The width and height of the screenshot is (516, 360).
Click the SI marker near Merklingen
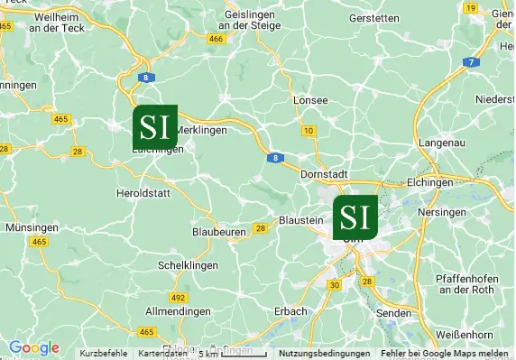(x=155, y=126)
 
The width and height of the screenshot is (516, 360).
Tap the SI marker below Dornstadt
(x=355, y=217)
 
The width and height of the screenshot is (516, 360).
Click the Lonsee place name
(x=310, y=100)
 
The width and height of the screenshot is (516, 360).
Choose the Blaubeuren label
(x=219, y=232)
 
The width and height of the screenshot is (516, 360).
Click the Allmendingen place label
(x=178, y=310)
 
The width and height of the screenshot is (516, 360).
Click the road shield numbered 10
(x=309, y=132)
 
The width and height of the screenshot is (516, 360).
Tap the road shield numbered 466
(x=216, y=40)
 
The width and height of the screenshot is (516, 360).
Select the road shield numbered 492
(x=178, y=297)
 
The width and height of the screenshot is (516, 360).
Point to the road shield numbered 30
(x=336, y=285)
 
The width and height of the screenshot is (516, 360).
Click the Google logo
(x=34, y=347)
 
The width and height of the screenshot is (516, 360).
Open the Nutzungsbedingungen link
(x=325, y=354)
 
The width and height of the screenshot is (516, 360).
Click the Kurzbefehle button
(x=104, y=354)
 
